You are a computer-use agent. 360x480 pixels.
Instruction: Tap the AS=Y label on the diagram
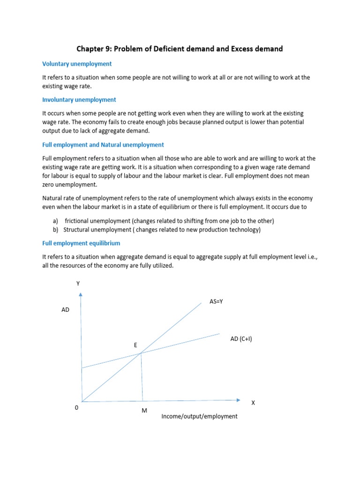click(216, 301)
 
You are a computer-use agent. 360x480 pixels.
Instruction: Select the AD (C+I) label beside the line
click(241, 339)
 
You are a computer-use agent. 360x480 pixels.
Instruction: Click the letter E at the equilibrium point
click(135, 345)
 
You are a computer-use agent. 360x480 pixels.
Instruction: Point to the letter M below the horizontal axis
click(144, 411)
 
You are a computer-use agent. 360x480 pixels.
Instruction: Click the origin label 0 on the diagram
click(76, 408)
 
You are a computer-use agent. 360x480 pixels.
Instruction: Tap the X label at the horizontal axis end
click(253, 403)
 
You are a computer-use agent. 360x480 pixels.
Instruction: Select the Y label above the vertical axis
click(78, 283)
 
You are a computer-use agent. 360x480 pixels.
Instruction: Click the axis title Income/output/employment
click(199, 416)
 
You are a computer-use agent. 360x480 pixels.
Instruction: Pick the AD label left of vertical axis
click(65, 310)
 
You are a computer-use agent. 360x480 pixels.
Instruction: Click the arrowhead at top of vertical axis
click(81, 295)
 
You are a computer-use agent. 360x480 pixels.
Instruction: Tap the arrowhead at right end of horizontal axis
click(238, 400)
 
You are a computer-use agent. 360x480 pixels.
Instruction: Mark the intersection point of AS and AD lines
click(141, 353)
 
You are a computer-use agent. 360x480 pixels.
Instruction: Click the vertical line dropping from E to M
click(142, 377)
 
